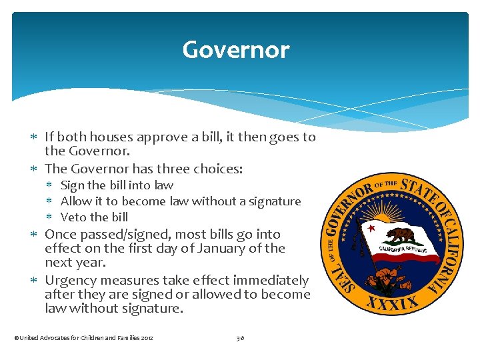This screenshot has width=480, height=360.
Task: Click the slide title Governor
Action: tap(236, 50)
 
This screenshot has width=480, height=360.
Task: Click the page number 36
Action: tap(240, 338)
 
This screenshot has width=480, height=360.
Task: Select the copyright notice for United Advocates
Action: tap(83, 338)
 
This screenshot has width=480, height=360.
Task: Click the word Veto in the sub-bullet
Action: tap(73, 217)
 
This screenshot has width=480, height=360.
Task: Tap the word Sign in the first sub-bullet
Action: tap(73, 185)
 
